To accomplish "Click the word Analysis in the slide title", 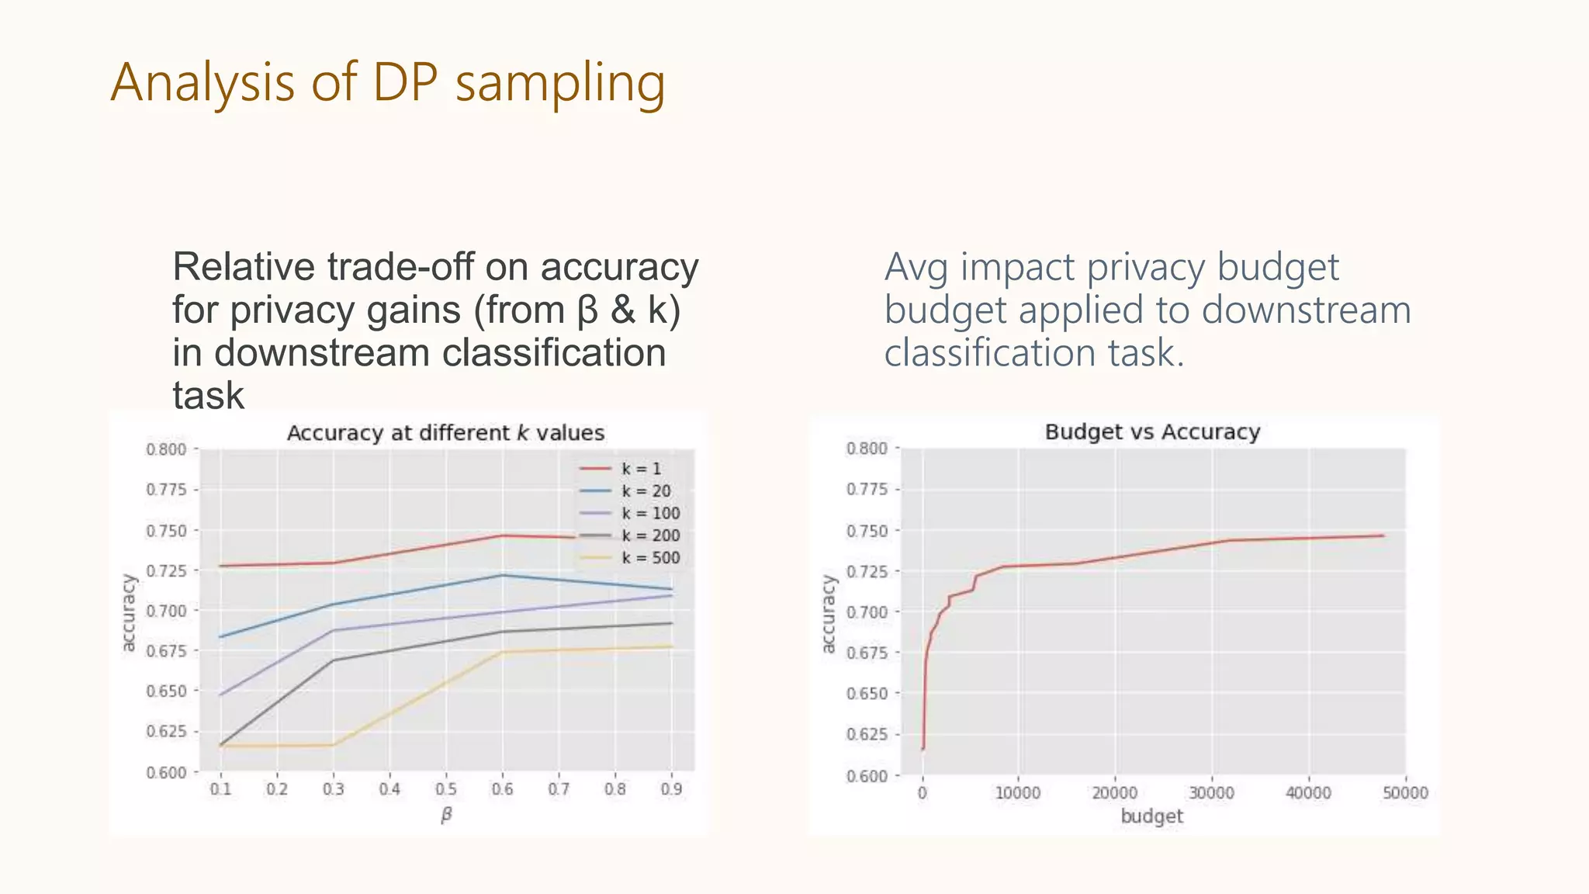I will (x=203, y=82).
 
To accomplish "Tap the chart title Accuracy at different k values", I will (x=445, y=433).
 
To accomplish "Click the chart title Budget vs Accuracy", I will (x=1152, y=432).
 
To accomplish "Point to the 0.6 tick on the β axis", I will (x=502, y=789).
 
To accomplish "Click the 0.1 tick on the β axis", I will (x=220, y=789).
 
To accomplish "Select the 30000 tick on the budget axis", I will (x=1211, y=793).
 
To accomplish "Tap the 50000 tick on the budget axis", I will (x=1405, y=793).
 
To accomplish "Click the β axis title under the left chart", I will (x=446, y=815).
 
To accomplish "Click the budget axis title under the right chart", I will (x=1152, y=816).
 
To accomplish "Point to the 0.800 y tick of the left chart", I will (x=166, y=449).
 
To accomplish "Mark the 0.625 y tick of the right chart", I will (x=867, y=734).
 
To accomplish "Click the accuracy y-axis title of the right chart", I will (x=829, y=614).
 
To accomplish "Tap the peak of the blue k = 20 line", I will (x=502, y=575).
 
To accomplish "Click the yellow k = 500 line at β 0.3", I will (x=334, y=745).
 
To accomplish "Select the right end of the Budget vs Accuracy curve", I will (x=1383, y=535).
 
